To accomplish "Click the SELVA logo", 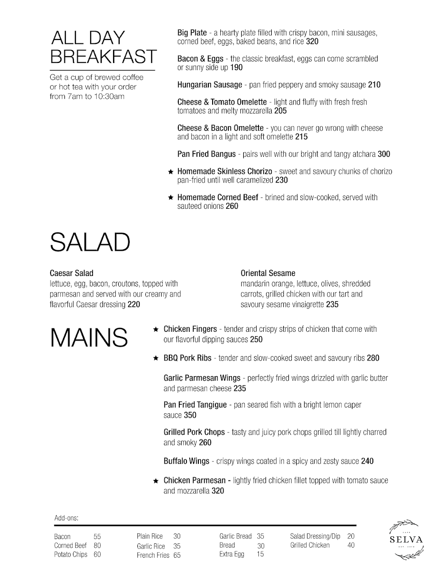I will click(x=406, y=539).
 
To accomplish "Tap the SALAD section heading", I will click(x=90, y=243).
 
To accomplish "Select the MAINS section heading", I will click(x=89, y=337).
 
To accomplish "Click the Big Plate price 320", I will click(x=312, y=41).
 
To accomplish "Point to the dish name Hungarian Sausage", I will click(x=210, y=85).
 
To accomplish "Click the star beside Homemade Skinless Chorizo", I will click(x=170, y=172).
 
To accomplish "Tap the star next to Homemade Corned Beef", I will click(x=170, y=197).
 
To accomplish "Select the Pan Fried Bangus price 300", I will click(x=384, y=154).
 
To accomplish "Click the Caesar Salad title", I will click(x=72, y=273).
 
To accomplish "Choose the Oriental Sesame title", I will click(x=268, y=273).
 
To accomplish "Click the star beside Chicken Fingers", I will click(x=155, y=329).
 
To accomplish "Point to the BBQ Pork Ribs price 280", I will click(x=373, y=358).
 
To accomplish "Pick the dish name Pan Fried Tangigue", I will click(x=195, y=405).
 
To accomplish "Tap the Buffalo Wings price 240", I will click(x=367, y=461).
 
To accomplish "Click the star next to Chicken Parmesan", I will click(x=155, y=481).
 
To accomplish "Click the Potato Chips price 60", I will click(x=97, y=554).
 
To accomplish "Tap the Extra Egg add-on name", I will click(x=232, y=554).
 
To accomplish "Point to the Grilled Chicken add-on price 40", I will click(x=351, y=545).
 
